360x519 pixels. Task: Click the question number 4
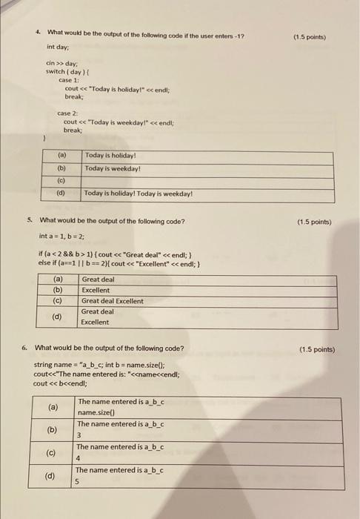[x=37, y=33]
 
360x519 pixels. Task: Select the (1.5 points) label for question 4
[x=310, y=36]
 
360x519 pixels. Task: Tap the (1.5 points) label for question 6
[x=317, y=349]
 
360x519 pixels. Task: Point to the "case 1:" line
[x=70, y=79]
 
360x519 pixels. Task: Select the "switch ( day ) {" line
[x=67, y=71]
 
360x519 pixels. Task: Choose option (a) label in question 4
[x=61, y=156]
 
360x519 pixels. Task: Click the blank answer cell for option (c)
[x=207, y=180]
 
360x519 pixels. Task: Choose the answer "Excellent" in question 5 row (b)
[x=96, y=291]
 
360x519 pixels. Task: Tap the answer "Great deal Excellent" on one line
[x=113, y=301]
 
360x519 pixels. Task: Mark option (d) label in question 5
[x=57, y=317]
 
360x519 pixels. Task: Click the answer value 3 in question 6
[x=80, y=434]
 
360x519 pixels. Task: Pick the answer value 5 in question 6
[x=80, y=480]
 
